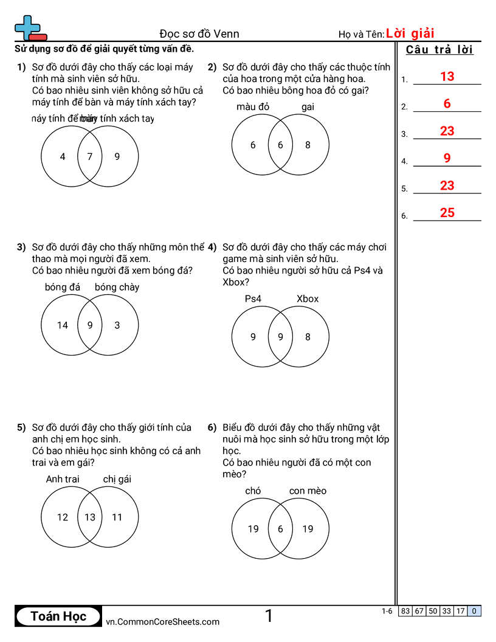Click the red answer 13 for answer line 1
click(447, 77)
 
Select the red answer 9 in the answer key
click(447, 158)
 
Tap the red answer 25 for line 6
click(447, 213)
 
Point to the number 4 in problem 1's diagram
click(63, 156)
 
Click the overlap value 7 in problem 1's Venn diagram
click(90, 156)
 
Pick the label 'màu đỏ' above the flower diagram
click(253, 107)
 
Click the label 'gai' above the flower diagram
click(308, 107)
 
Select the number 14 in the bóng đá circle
click(63, 325)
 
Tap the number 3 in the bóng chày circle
click(117, 325)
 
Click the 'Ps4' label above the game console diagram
click(253, 299)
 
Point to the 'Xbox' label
click(308, 299)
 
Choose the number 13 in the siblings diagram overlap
click(90, 517)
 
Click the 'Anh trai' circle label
click(63, 479)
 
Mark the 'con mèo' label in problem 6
click(308, 491)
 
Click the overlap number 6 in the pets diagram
click(280, 529)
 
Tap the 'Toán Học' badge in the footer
click(58, 616)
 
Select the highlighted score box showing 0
click(474, 611)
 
